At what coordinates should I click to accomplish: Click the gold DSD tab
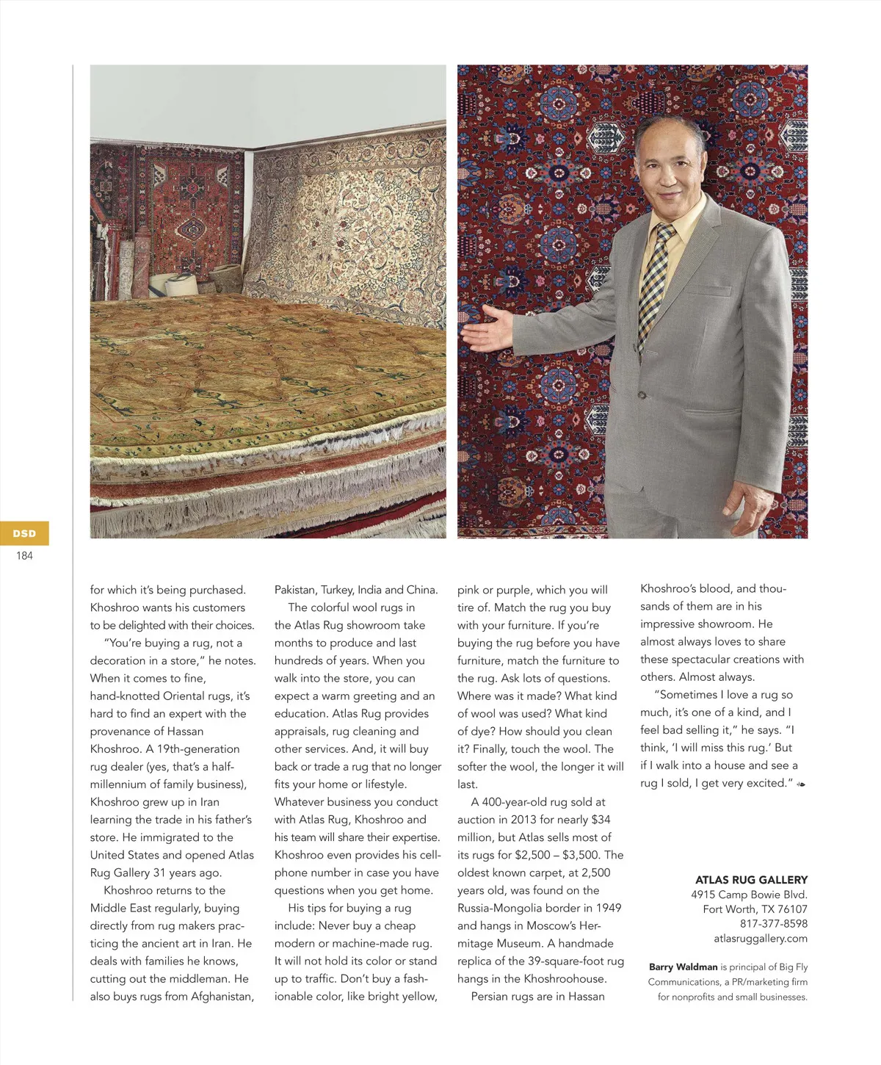[24, 533]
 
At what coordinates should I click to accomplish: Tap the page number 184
[24, 556]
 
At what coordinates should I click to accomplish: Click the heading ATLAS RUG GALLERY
[751, 880]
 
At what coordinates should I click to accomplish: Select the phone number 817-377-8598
[773, 923]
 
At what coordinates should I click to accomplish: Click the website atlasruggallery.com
[760, 938]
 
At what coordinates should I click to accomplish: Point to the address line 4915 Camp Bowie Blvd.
[749, 895]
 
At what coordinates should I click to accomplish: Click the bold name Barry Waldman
[683, 967]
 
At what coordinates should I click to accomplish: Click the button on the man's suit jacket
[642, 395]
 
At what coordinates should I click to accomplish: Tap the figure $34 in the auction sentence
[601, 820]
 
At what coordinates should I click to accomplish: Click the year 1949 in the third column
[607, 908]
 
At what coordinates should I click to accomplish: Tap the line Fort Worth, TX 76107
[755, 909]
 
